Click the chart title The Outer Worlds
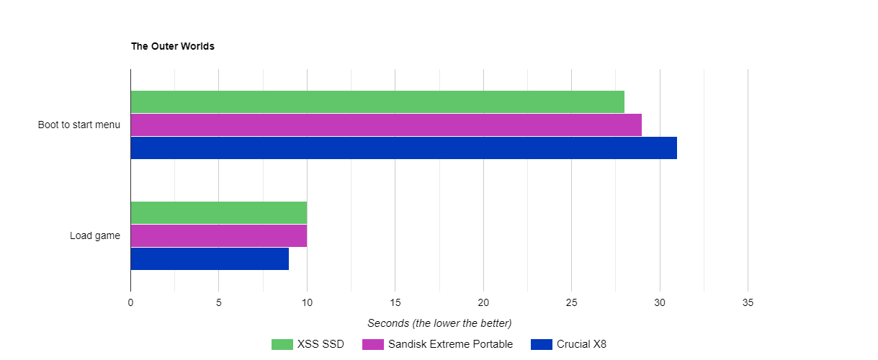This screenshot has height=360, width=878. point(172,46)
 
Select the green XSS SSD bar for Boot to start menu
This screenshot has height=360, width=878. point(377,102)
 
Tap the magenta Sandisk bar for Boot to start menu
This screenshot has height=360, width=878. point(385,125)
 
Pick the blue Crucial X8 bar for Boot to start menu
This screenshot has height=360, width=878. point(403,148)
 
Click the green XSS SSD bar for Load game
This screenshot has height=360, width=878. point(218,212)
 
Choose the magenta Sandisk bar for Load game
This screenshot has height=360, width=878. point(218,235)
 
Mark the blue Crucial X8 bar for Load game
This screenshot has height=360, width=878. point(210,258)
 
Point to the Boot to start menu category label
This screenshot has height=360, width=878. point(79,125)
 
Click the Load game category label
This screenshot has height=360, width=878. point(95,235)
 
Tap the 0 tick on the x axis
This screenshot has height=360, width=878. point(130,303)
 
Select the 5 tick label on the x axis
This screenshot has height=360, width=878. point(218,303)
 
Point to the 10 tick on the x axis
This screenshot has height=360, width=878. point(307,303)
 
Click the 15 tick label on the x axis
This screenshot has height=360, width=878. point(395,303)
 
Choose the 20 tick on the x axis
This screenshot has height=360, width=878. point(483,303)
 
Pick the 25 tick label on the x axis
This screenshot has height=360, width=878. point(571,303)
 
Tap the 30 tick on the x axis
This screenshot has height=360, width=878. point(660,303)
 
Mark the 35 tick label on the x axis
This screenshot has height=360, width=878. point(748,303)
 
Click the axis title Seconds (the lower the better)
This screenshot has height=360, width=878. point(439,323)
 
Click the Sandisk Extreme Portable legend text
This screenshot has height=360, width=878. point(450,344)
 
